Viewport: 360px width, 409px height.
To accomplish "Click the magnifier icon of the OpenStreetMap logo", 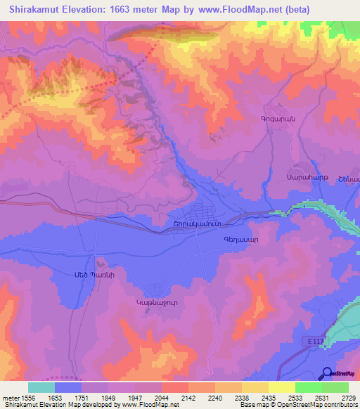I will tap(327, 373).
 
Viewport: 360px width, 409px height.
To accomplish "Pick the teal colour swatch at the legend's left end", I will tap(41, 387).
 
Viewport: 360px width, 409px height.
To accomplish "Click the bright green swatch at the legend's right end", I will tap(335, 387).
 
